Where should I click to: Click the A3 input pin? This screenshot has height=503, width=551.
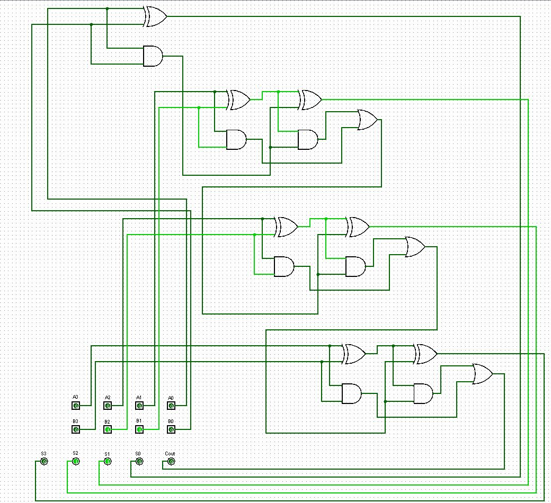(x=76, y=406)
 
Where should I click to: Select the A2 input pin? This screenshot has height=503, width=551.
(x=108, y=406)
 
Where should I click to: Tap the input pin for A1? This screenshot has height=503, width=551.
(x=139, y=406)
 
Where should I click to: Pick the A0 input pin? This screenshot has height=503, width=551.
(x=171, y=406)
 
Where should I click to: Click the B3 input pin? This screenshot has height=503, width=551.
(x=76, y=429)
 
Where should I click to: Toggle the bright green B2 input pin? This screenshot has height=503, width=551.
(x=108, y=429)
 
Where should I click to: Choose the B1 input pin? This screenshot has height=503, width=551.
(x=139, y=429)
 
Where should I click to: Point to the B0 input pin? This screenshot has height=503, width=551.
(x=171, y=429)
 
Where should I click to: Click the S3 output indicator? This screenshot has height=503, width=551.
(x=44, y=461)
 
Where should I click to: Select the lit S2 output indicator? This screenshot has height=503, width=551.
(x=76, y=461)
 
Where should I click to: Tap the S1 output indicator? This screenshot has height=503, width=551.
(x=108, y=461)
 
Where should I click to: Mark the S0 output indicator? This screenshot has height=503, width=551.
(x=139, y=461)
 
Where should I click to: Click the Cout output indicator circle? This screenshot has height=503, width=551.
(x=171, y=461)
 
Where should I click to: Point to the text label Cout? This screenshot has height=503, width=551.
(x=170, y=453)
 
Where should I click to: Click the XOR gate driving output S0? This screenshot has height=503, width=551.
(x=155, y=16)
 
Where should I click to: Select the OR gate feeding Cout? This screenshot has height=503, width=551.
(x=483, y=374)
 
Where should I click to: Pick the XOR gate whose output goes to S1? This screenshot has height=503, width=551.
(x=310, y=100)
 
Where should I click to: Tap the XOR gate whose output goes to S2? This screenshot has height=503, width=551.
(x=358, y=227)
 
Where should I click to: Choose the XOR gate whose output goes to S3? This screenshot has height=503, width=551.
(x=425, y=354)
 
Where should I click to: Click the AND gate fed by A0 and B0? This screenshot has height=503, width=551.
(x=153, y=56)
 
